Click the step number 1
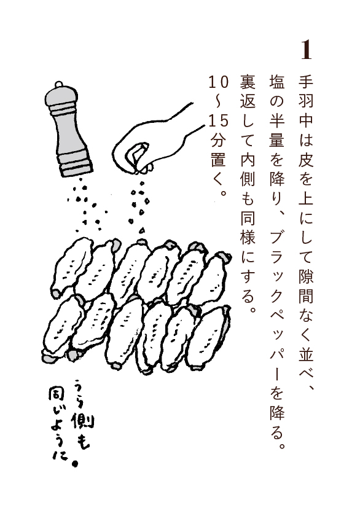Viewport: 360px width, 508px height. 306,50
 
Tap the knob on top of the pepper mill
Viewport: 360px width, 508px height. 58,85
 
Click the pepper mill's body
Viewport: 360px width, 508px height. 69,129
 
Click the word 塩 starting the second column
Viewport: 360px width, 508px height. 277,82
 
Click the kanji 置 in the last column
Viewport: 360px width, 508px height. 219,160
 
